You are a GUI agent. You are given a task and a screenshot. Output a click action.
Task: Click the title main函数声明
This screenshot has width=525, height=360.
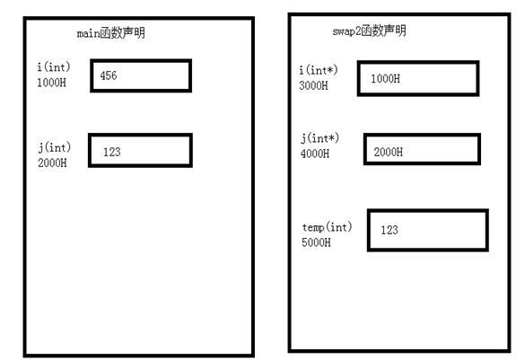click(111, 33)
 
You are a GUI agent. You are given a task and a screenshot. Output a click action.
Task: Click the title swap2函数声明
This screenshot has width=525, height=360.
click(370, 31)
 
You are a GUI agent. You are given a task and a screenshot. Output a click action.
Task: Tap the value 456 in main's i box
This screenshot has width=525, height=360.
click(109, 75)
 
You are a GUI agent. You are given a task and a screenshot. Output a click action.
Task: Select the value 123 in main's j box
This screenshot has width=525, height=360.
click(112, 152)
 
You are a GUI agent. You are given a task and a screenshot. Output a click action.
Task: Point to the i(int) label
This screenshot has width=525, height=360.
click(54, 66)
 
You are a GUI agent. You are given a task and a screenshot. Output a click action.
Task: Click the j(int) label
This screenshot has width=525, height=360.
click(54, 147)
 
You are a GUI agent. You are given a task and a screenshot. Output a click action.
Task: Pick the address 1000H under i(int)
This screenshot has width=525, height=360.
click(51, 83)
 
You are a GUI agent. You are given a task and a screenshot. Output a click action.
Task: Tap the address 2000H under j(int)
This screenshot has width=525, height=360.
click(52, 162)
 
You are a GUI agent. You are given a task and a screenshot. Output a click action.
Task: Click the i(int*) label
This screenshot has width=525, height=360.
click(319, 70)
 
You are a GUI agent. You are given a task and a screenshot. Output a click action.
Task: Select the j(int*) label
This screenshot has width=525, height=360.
click(319, 138)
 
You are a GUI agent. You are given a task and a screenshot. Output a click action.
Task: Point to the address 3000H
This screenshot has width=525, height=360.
click(313, 85)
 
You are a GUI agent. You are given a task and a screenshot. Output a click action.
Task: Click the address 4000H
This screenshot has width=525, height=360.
click(315, 154)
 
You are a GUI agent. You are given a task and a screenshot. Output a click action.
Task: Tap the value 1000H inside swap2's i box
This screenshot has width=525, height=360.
click(385, 79)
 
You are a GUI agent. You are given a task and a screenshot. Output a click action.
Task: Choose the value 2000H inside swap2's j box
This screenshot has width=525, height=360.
click(389, 152)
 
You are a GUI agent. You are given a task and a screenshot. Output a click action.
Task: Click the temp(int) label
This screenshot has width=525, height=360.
click(328, 227)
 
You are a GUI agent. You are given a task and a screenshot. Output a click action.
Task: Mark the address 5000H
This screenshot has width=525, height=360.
click(316, 242)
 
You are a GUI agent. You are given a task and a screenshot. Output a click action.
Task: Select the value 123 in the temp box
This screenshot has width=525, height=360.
click(389, 230)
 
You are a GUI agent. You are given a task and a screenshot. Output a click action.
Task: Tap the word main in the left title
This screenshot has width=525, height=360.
click(88, 33)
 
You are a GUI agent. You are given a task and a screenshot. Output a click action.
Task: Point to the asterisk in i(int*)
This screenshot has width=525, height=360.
click(330, 69)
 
